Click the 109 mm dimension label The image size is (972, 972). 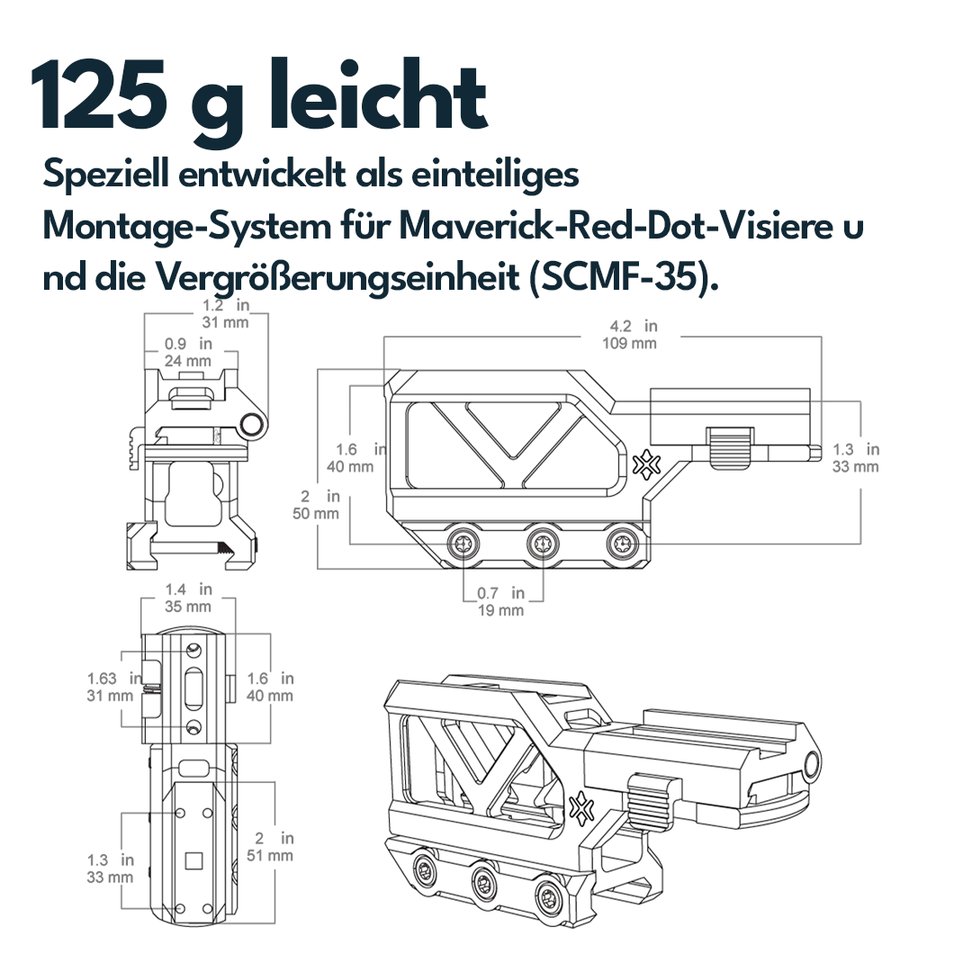630,343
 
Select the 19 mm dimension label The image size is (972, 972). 500,610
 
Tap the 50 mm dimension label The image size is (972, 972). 316,513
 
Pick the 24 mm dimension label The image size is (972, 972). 188,361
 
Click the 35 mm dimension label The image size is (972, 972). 188,607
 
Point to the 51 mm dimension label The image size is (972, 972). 270,855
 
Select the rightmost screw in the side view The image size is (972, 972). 621,543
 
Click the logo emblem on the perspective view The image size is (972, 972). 580,805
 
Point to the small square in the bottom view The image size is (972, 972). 193,860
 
